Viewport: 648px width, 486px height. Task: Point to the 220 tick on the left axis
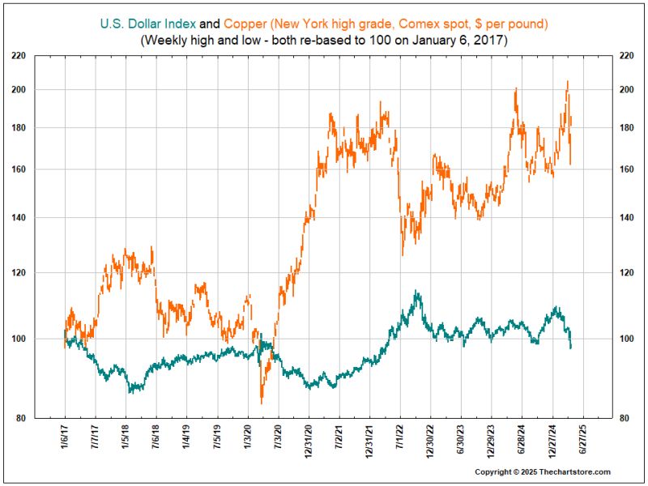39,56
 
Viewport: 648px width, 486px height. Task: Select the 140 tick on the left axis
39,218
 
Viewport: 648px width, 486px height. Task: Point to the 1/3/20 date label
248,440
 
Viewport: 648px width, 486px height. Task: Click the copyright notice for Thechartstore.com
542,471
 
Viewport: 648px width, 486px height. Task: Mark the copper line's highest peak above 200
567,82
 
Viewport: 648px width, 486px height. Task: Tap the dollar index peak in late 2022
416,292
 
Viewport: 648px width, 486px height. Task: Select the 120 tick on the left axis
39,273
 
